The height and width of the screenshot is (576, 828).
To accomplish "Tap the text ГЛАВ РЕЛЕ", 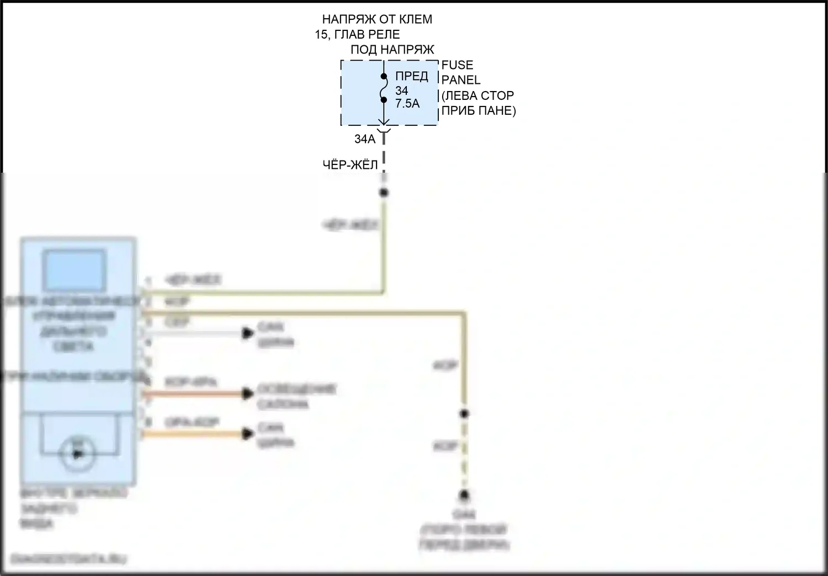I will tap(368, 34).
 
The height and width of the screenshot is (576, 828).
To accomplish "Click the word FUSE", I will tap(457, 65).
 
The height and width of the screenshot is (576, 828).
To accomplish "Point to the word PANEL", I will tap(461, 80).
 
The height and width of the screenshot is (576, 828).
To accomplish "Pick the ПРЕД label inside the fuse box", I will tap(412, 77).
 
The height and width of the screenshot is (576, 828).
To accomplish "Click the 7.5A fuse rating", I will tap(407, 103).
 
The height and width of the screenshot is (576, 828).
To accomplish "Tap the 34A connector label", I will tap(364, 139).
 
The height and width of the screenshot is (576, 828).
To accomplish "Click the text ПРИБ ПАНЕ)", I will tap(479, 110).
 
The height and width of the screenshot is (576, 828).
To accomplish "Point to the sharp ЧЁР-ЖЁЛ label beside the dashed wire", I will tap(350, 165).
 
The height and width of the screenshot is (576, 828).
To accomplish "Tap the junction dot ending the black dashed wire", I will tap(384, 193).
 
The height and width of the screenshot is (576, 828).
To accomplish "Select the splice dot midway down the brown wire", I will tap(464, 414).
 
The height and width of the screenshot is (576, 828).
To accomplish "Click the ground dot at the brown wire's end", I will tap(465, 495).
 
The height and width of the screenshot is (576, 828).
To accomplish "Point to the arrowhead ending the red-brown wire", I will tap(248, 394).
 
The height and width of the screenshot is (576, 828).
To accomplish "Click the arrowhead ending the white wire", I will tap(248, 333).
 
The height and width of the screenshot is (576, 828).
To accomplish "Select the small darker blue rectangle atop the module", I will tap(75, 270).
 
